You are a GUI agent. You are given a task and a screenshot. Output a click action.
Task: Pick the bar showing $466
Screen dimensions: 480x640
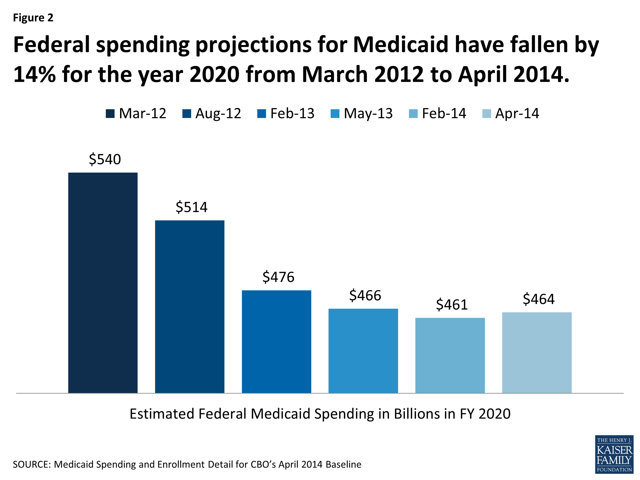363,351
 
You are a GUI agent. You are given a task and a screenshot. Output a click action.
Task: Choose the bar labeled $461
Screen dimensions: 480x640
450,355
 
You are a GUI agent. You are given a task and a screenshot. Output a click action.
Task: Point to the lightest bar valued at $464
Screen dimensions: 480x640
537,352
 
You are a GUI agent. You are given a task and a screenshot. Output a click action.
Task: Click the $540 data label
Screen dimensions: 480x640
105,159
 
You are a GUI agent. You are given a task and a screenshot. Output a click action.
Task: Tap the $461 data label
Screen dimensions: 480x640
452,305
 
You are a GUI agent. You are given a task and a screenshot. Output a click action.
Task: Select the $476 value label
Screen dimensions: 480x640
278,277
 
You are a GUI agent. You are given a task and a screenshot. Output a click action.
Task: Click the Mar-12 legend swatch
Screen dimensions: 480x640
110,114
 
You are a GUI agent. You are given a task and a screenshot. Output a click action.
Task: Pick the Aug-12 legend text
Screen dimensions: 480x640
218,113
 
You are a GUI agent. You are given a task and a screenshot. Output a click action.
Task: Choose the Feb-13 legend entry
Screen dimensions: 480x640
286,113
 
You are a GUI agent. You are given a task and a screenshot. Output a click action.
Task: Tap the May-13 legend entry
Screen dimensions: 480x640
362,113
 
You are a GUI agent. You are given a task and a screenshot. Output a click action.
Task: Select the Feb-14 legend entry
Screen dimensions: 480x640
438,113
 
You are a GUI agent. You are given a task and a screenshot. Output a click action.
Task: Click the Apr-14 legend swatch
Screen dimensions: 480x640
487,114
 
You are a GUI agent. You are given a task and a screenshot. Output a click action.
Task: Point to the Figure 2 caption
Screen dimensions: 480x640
33,18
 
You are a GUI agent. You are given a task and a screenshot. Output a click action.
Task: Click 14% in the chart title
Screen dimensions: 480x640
35,74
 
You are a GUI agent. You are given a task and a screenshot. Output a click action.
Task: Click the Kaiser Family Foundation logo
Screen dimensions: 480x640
614,454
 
